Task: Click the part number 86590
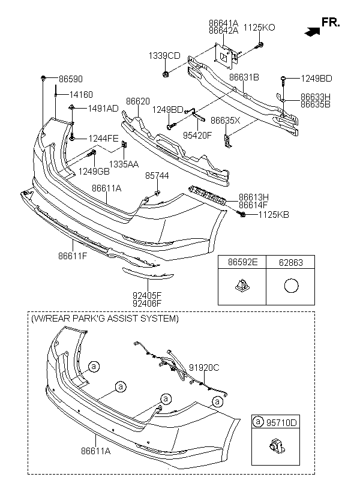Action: click(71, 79)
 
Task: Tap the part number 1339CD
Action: click(164, 56)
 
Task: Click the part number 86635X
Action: click(226, 120)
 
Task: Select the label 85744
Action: click(158, 176)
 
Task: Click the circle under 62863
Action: click(291, 286)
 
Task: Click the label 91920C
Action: click(204, 368)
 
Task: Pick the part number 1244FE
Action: click(104, 137)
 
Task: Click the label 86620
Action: click(137, 103)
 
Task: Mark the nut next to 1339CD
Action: click(165, 75)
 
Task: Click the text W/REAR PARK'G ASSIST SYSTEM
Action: click(105, 319)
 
